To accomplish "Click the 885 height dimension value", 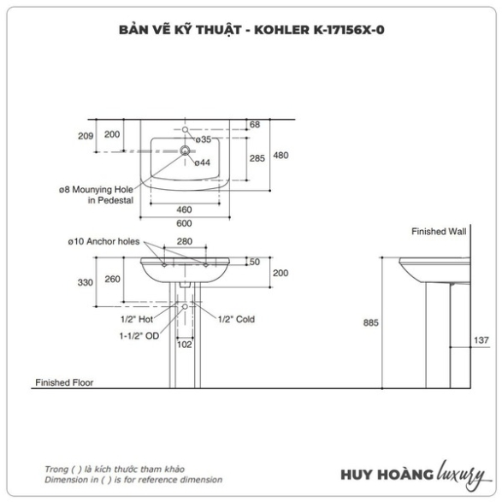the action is [371, 322].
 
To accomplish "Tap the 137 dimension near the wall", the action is [481, 340].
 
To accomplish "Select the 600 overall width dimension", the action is [184, 223].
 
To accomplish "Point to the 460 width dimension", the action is [184, 210].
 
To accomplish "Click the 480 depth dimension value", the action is [281, 156].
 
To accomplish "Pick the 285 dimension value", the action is [257, 158].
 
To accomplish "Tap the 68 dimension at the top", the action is [255, 125].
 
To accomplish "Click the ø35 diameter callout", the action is [204, 139].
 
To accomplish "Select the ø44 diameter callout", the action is [203, 162].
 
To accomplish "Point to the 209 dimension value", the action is [86, 136].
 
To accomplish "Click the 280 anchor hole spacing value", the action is [185, 241].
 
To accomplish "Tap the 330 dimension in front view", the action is [86, 282].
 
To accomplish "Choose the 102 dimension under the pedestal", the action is [185, 345].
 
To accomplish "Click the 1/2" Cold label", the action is [236, 319].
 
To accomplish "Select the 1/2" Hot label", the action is [137, 319].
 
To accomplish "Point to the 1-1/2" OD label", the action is [139, 336].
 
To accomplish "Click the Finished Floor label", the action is [64, 382].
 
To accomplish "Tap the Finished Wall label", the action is [439, 232].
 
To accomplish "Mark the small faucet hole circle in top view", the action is [185, 130].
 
